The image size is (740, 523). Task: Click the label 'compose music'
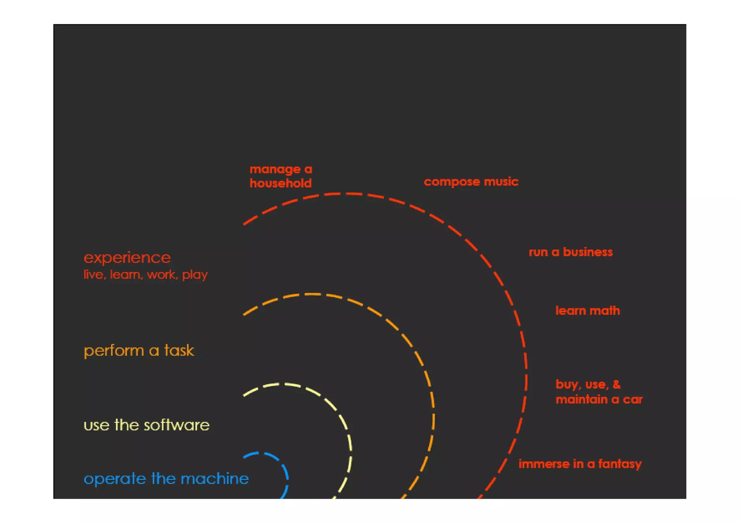click(x=471, y=181)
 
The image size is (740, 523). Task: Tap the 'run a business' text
click(x=571, y=252)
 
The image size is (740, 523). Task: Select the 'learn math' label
click(x=588, y=310)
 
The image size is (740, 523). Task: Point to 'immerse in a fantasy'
click(x=580, y=464)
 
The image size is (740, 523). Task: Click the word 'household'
click(x=281, y=183)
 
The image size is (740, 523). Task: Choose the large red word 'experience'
click(x=127, y=258)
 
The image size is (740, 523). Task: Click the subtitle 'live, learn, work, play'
click(x=146, y=275)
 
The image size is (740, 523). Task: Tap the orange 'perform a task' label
click(x=139, y=351)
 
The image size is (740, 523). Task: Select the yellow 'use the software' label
click(x=146, y=425)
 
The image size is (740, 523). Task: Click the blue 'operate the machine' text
click(x=166, y=479)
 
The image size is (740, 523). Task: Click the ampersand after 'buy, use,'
click(x=617, y=384)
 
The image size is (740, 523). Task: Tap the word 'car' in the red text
click(x=633, y=399)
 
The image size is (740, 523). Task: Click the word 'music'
click(x=501, y=181)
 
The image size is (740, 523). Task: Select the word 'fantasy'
click(x=620, y=464)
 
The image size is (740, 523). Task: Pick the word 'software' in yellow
click(x=177, y=425)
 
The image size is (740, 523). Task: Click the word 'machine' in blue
click(x=215, y=479)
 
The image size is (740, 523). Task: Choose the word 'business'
click(x=588, y=252)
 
